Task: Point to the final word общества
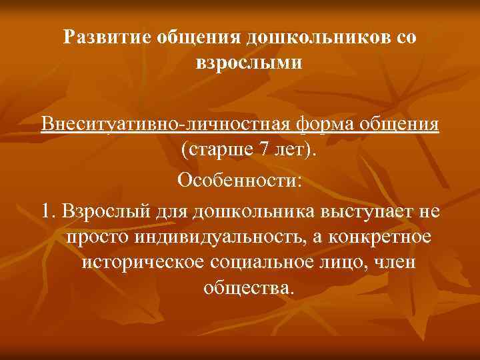pyautogui.click(x=246, y=289)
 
